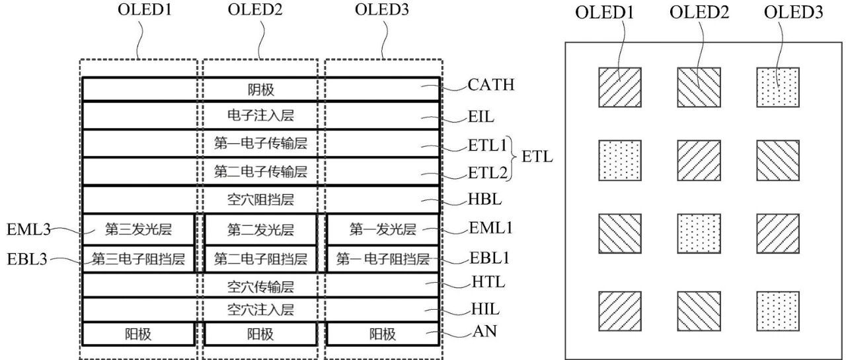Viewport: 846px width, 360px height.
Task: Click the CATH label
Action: pos(491,85)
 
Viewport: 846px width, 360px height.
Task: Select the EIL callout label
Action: pos(481,117)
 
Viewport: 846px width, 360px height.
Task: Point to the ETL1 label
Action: pos(487,145)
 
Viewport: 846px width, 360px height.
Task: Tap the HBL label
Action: pos(484,199)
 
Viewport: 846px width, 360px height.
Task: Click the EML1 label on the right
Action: pos(490,228)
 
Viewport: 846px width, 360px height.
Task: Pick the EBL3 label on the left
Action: pos(27,259)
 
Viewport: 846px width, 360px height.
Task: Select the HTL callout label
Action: pos(488,282)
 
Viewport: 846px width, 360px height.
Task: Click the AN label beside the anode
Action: pos(484,332)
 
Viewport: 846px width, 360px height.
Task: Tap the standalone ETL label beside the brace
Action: pos(537,157)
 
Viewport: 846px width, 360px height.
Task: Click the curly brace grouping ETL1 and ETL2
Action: pos(512,159)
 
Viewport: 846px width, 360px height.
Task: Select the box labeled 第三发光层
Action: pos(138,229)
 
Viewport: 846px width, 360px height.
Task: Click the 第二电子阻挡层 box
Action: pos(260,259)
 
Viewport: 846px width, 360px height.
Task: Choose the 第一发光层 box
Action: pos(383,229)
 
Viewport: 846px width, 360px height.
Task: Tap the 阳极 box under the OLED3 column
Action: pos(383,334)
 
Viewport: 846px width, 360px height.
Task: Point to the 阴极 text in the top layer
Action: pos(260,90)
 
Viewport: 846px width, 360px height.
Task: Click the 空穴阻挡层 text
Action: pos(260,199)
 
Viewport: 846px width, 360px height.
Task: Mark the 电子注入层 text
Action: pos(260,116)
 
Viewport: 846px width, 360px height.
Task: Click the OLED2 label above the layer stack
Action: pos(255,9)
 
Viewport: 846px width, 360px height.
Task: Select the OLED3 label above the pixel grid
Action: pos(793,12)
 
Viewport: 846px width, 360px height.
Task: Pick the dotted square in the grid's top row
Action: pos(778,87)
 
